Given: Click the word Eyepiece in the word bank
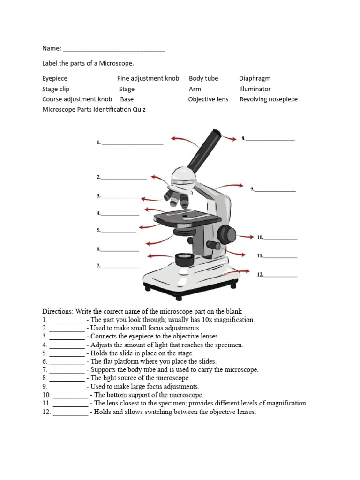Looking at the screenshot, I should click(x=55, y=78).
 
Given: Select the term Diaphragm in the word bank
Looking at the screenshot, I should click(x=255, y=78).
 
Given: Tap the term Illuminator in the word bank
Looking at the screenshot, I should click(x=255, y=89).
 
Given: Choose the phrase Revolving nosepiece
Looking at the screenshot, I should click(x=268, y=99).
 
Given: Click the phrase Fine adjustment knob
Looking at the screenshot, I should click(x=148, y=78).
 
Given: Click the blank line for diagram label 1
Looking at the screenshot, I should click(x=132, y=143).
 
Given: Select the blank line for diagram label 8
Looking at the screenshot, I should click(x=270, y=140).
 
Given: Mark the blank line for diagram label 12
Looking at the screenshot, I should click(x=281, y=276).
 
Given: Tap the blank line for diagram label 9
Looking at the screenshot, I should click(x=275, y=191).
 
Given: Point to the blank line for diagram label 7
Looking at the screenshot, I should click(x=120, y=267).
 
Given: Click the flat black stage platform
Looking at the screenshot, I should click(x=187, y=217).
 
